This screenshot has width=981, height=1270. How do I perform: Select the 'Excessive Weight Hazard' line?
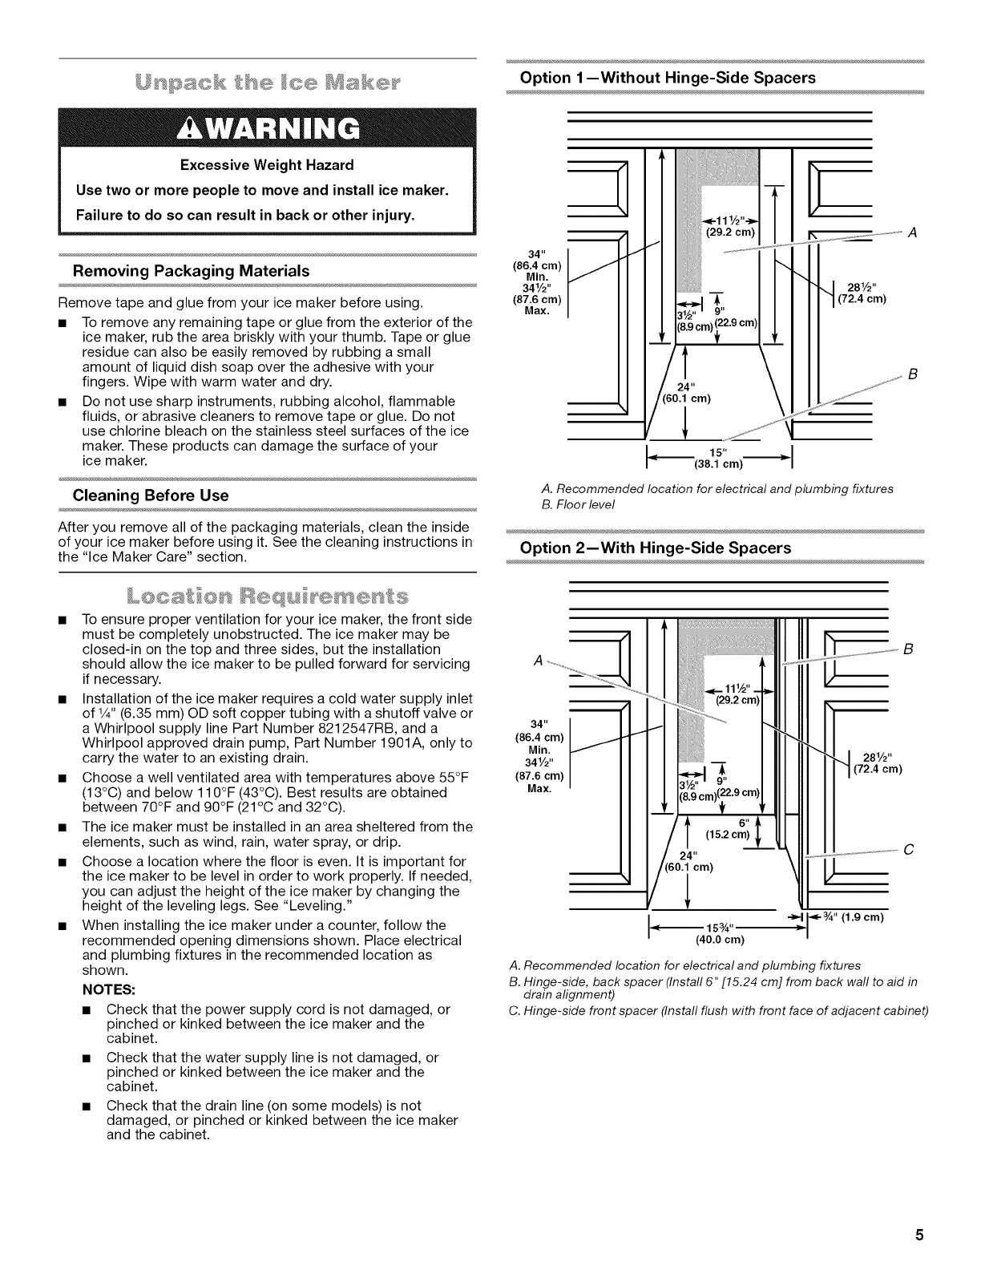click(x=267, y=166)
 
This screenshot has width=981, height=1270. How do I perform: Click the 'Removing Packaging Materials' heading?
click(x=191, y=271)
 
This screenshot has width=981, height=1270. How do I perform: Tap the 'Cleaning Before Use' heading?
click(x=151, y=495)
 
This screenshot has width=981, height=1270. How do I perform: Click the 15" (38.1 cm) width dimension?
click(x=718, y=458)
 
